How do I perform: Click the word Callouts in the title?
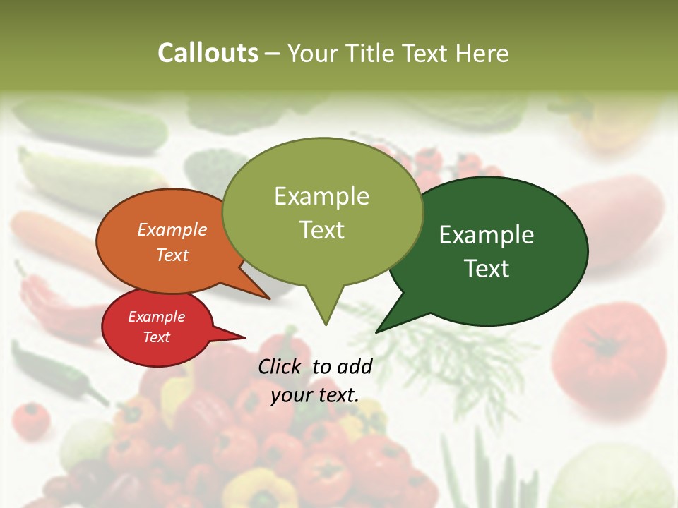208,53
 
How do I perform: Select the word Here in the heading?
482,53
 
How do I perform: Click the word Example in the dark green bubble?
487,235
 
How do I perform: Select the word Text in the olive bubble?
322,230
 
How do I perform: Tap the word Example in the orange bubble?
172,229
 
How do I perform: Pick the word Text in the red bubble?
156,337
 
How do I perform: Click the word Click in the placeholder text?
281,366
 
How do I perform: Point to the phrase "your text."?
314,395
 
